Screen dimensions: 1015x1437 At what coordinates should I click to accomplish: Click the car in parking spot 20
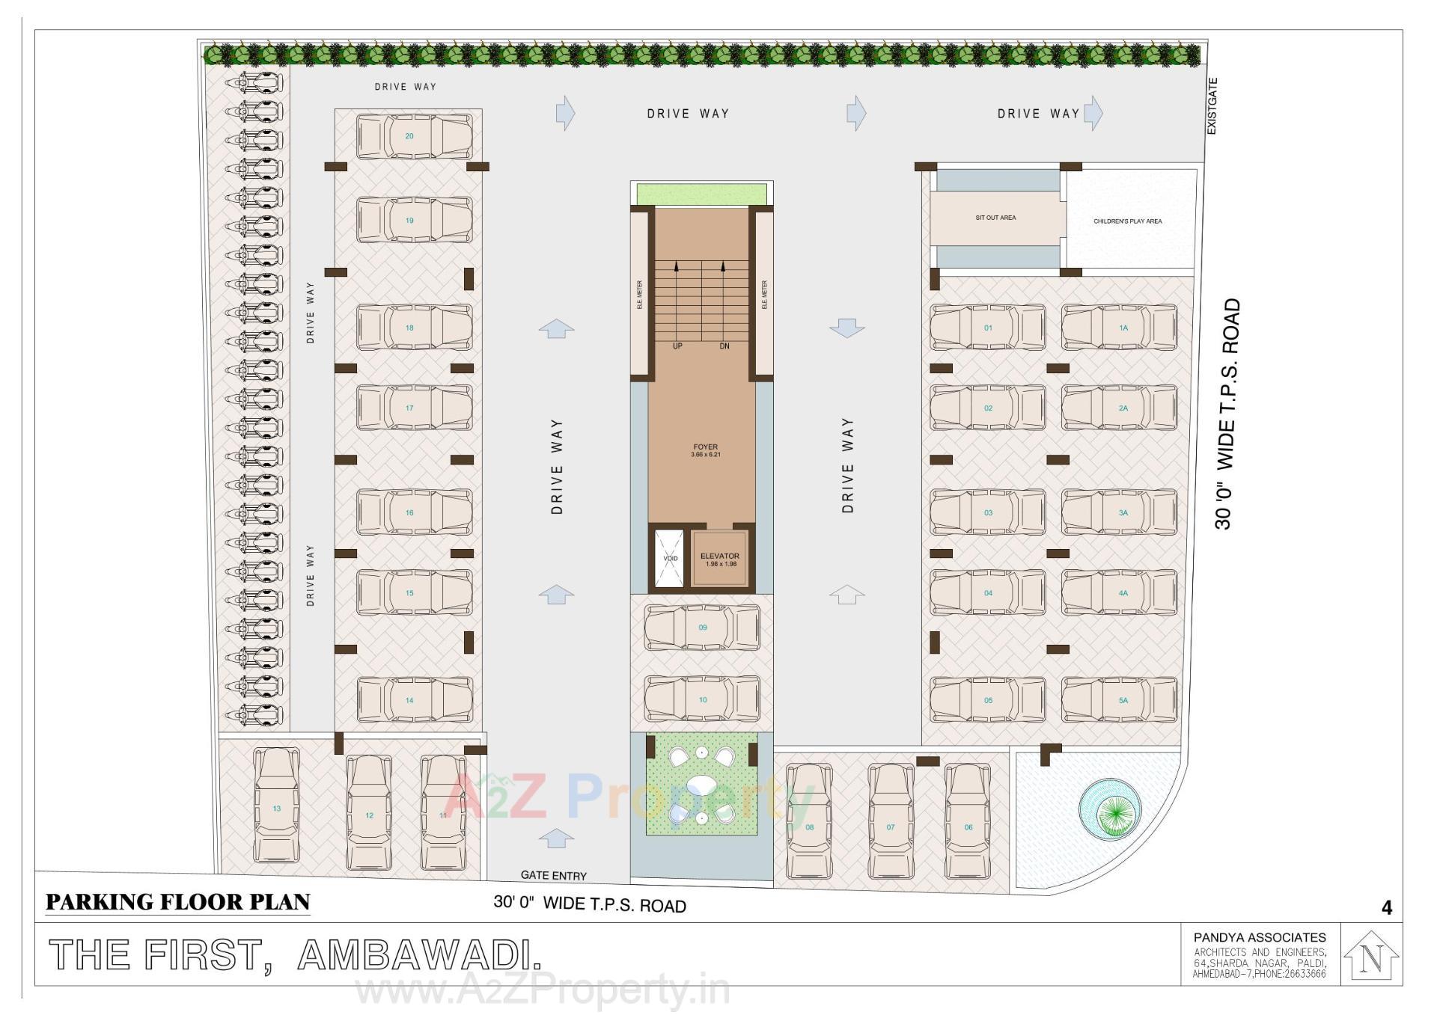tap(414, 136)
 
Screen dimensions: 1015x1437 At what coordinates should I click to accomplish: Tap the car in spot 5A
tap(1119, 699)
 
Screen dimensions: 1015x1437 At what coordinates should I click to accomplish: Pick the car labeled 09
tap(702, 627)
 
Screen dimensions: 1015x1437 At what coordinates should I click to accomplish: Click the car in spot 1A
tap(1119, 327)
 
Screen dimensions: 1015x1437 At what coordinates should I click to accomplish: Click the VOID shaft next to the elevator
tap(669, 559)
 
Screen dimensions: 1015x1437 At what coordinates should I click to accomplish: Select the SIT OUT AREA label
tap(995, 218)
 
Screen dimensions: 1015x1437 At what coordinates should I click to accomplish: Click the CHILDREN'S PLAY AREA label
tap(1127, 221)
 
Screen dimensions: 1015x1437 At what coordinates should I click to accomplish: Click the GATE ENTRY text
tap(553, 875)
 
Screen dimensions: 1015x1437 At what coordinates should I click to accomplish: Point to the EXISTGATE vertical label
tap(1212, 106)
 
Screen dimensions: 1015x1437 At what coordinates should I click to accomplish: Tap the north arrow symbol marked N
tap(1371, 957)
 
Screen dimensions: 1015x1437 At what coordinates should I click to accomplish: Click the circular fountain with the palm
tap(1111, 809)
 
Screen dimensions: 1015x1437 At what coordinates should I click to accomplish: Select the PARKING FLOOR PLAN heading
tap(177, 902)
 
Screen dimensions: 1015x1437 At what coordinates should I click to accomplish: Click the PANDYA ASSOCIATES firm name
tap(1260, 937)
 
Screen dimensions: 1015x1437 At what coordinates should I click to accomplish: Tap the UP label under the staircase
tap(677, 346)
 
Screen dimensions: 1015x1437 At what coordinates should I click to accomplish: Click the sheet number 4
tap(1386, 908)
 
